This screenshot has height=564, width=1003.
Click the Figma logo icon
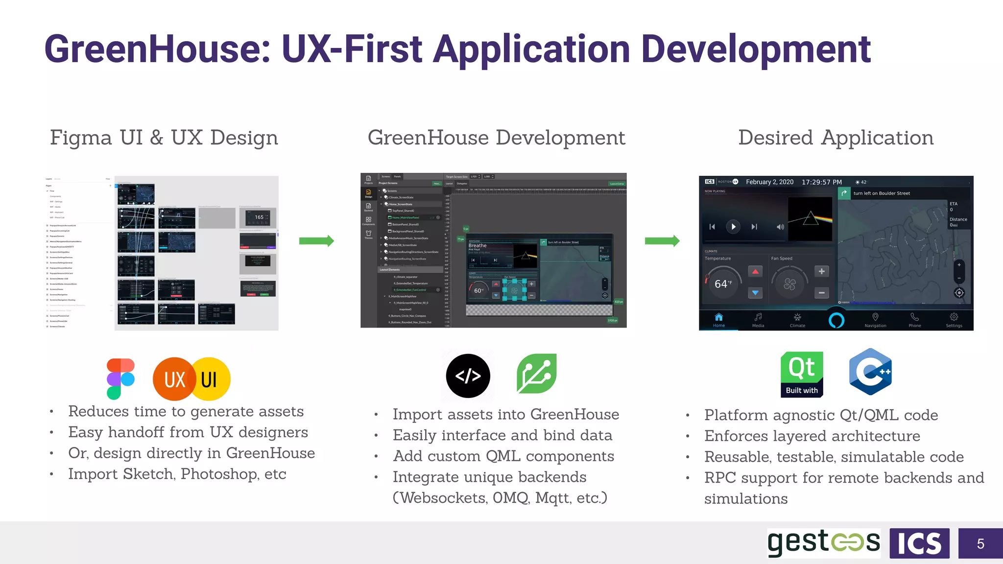(120, 379)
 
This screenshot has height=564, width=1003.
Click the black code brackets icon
(468, 376)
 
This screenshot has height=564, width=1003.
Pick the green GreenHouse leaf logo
(537, 374)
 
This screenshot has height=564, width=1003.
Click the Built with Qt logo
(802, 375)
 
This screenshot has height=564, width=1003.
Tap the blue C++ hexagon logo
(870, 372)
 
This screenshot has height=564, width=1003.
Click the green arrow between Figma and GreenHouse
(316, 241)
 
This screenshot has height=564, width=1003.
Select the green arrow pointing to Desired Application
(662, 241)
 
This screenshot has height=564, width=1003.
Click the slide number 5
(980, 543)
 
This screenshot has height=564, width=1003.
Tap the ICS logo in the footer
(919, 543)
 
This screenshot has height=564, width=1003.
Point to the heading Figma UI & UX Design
(164, 138)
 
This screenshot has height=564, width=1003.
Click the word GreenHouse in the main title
(157, 49)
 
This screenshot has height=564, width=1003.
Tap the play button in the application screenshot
(733, 227)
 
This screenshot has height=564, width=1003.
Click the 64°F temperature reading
(723, 284)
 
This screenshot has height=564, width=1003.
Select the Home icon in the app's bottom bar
(718, 317)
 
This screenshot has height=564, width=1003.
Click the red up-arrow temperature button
(755, 271)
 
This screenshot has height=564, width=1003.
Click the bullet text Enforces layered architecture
(812, 436)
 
